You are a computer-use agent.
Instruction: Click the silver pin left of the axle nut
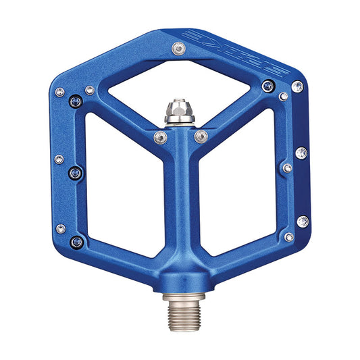159,138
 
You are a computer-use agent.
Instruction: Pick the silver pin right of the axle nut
200,137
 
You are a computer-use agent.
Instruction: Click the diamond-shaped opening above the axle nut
179,84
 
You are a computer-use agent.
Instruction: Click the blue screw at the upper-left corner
76,102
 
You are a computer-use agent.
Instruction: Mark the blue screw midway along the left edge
75,173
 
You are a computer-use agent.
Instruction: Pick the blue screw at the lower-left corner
76,241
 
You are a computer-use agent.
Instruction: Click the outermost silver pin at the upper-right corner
297,86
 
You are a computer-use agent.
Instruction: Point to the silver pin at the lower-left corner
61,229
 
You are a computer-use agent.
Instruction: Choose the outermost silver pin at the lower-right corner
303,222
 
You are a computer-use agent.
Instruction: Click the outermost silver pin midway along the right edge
301,153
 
